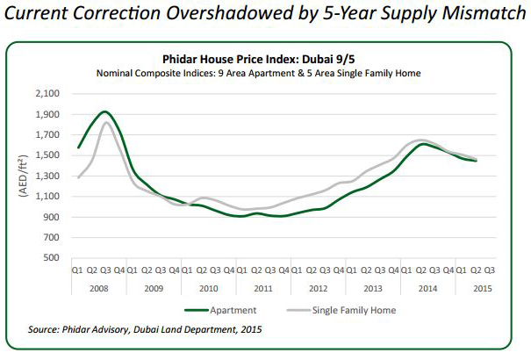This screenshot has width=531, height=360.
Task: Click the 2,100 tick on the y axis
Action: click(46, 93)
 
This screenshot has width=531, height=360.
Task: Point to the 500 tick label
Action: click(51, 258)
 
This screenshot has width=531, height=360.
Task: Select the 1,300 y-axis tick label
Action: click(46, 176)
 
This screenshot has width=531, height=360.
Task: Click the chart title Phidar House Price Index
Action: click(265, 59)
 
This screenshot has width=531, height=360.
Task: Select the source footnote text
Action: click(146, 330)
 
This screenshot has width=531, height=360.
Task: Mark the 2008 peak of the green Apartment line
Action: click(105, 112)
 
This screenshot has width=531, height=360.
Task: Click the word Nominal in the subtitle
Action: click(116, 72)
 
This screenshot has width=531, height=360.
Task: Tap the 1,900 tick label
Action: click(46, 114)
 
